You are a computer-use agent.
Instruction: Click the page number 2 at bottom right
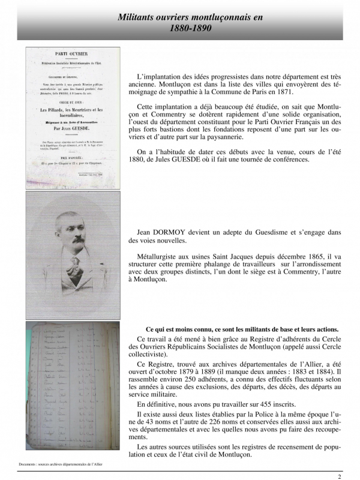point(339,476)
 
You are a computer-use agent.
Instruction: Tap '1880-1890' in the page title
point(190,28)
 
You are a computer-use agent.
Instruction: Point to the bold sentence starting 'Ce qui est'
point(242,329)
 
